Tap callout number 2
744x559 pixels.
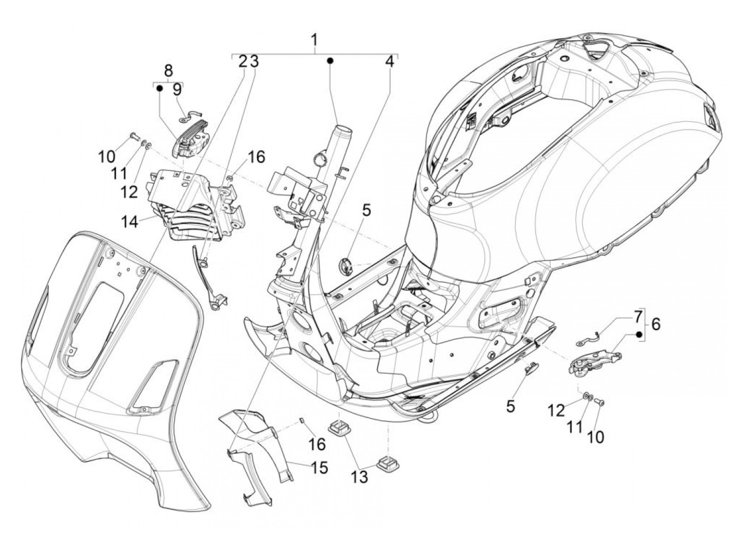tap(243, 62)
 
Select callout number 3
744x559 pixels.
tap(254, 62)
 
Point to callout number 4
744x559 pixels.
tap(390, 62)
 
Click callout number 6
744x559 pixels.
tap(655, 324)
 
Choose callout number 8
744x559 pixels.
tap(168, 71)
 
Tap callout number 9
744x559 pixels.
tap(176, 89)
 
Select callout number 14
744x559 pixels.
tap(130, 221)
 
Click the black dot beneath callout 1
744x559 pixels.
tap(330, 62)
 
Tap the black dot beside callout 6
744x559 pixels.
tap(639, 335)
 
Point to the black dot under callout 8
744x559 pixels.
tap(159, 89)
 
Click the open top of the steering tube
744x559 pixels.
tap(330, 129)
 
